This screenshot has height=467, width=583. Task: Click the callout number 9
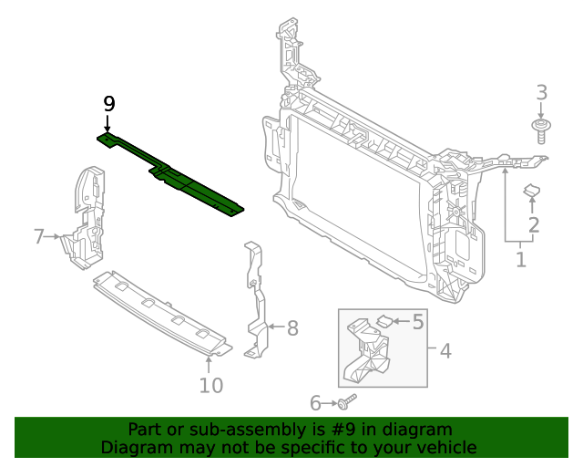(x=108, y=103)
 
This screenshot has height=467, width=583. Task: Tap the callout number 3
(x=541, y=92)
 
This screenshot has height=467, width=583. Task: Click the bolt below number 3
(x=541, y=130)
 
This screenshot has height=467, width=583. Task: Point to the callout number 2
(x=534, y=224)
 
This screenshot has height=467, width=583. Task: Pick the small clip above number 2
(x=531, y=191)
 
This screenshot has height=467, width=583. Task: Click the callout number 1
(x=520, y=260)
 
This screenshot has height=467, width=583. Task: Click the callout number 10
(x=210, y=386)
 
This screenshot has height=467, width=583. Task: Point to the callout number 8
(x=291, y=328)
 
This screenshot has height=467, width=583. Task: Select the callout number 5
(x=418, y=321)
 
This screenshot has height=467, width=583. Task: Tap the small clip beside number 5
(x=385, y=320)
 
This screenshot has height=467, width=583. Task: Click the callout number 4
(x=445, y=351)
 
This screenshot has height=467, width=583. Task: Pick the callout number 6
(x=316, y=402)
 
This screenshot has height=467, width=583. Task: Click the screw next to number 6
(x=347, y=401)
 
